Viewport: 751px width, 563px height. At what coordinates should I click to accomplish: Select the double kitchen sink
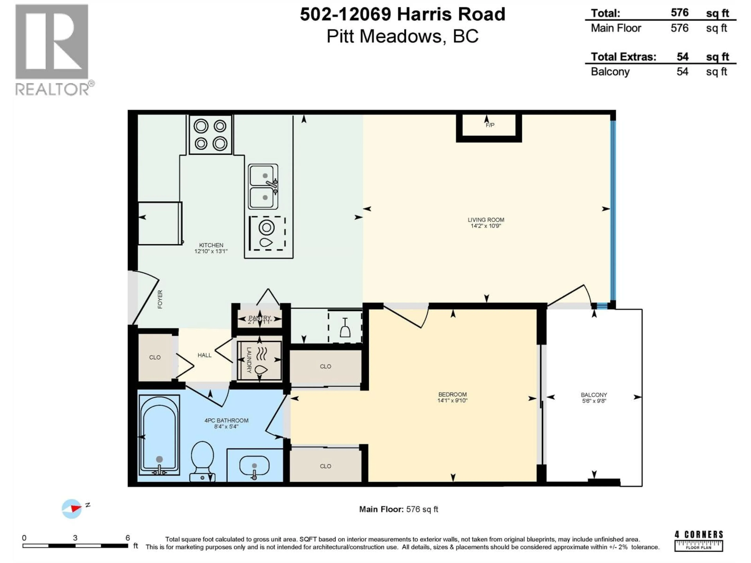263,187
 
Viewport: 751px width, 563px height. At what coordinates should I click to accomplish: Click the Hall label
204,355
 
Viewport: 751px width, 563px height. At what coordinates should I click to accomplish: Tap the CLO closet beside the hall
155,357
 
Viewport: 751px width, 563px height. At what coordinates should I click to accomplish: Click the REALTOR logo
53,49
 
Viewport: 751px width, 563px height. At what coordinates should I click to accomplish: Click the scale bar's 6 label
128,538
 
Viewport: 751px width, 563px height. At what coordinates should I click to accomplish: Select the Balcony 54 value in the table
682,72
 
